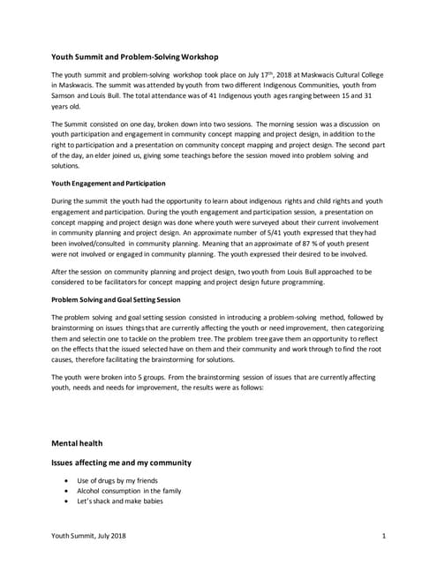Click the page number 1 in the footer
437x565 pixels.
pyautogui.click(x=386, y=536)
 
